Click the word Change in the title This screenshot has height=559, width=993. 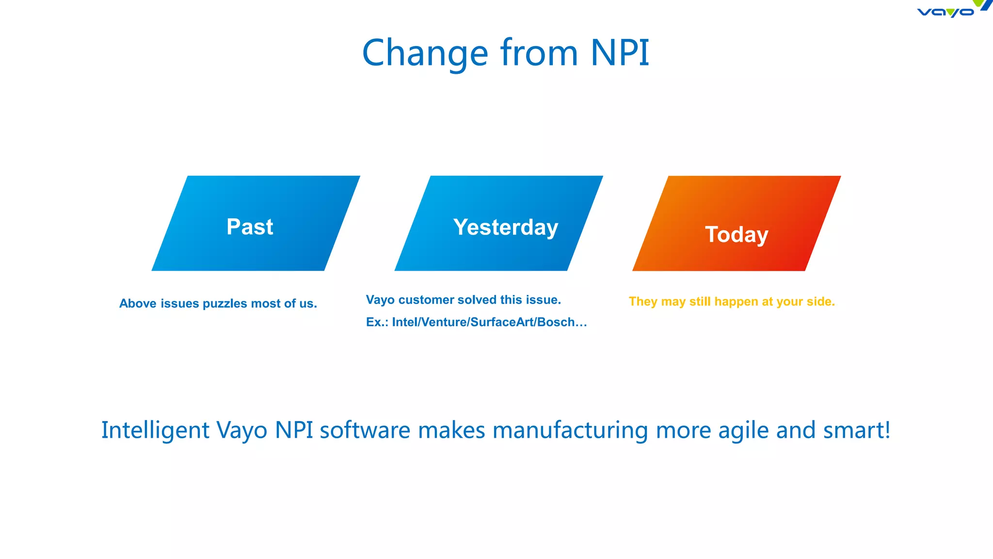click(425, 53)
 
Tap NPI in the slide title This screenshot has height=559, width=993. click(620, 52)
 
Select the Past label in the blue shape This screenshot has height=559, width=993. click(250, 227)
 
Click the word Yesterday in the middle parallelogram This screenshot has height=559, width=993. click(506, 227)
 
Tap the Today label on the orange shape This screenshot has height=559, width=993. click(737, 234)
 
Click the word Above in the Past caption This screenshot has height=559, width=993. click(138, 304)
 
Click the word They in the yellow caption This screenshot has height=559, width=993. click(643, 301)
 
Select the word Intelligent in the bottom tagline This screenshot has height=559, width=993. click(155, 430)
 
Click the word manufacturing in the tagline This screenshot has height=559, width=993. click(570, 430)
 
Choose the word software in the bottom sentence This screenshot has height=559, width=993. click(365, 430)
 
